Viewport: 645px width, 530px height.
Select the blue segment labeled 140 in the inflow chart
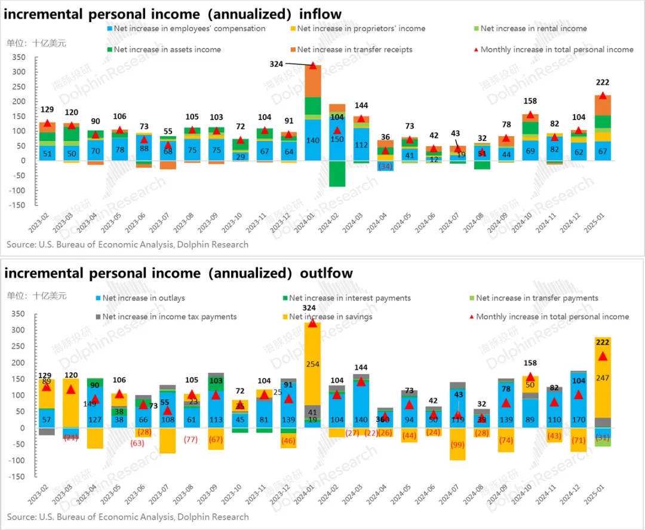(x=313, y=140)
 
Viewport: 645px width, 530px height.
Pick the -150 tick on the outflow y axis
(x=19, y=477)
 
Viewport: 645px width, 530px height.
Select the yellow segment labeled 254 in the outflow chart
(x=313, y=364)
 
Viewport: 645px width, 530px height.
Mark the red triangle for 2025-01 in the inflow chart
(x=603, y=96)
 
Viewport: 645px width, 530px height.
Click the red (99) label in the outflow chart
(x=457, y=444)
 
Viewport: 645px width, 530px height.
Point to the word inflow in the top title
(x=316, y=14)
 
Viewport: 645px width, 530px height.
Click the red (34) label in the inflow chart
(x=386, y=166)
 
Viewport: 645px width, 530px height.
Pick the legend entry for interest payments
(x=349, y=298)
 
